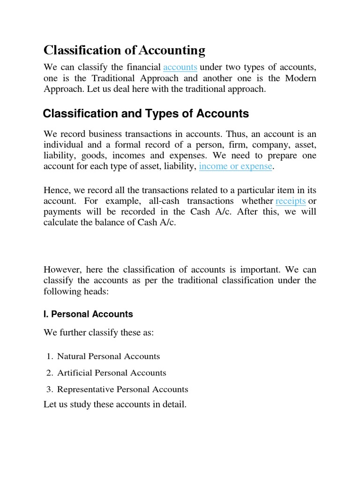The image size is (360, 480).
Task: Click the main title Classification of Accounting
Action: (124, 50)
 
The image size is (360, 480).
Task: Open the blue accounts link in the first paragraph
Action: (180, 67)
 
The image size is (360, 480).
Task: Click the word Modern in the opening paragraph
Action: (299, 78)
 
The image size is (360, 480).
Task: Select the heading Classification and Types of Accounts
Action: (146, 113)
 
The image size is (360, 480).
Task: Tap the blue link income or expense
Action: (235, 166)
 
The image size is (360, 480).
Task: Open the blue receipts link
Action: (291, 201)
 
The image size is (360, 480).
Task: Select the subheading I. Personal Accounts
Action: (88, 314)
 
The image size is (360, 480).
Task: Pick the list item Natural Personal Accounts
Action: (108, 356)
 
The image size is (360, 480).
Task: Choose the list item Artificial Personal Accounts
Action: (112, 373)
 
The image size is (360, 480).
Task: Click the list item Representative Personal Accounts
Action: (122, 390)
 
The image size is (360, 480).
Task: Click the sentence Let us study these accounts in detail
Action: (115, 404)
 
